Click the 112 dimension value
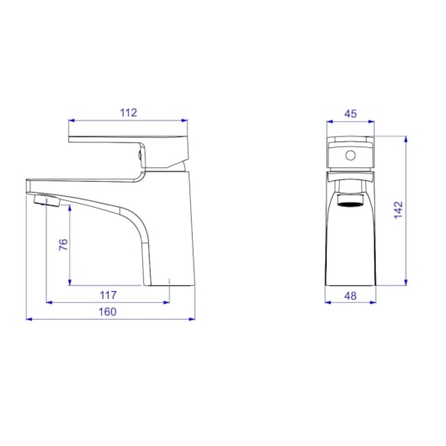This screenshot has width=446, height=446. pos(128,110)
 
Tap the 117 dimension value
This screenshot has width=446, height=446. pos(108,295)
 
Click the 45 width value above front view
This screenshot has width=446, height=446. pos(351,112)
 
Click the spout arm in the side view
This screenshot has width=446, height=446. pos(93,190)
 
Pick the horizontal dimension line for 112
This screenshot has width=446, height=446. pos(128,120)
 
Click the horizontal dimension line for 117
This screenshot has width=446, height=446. pos(108,301)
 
